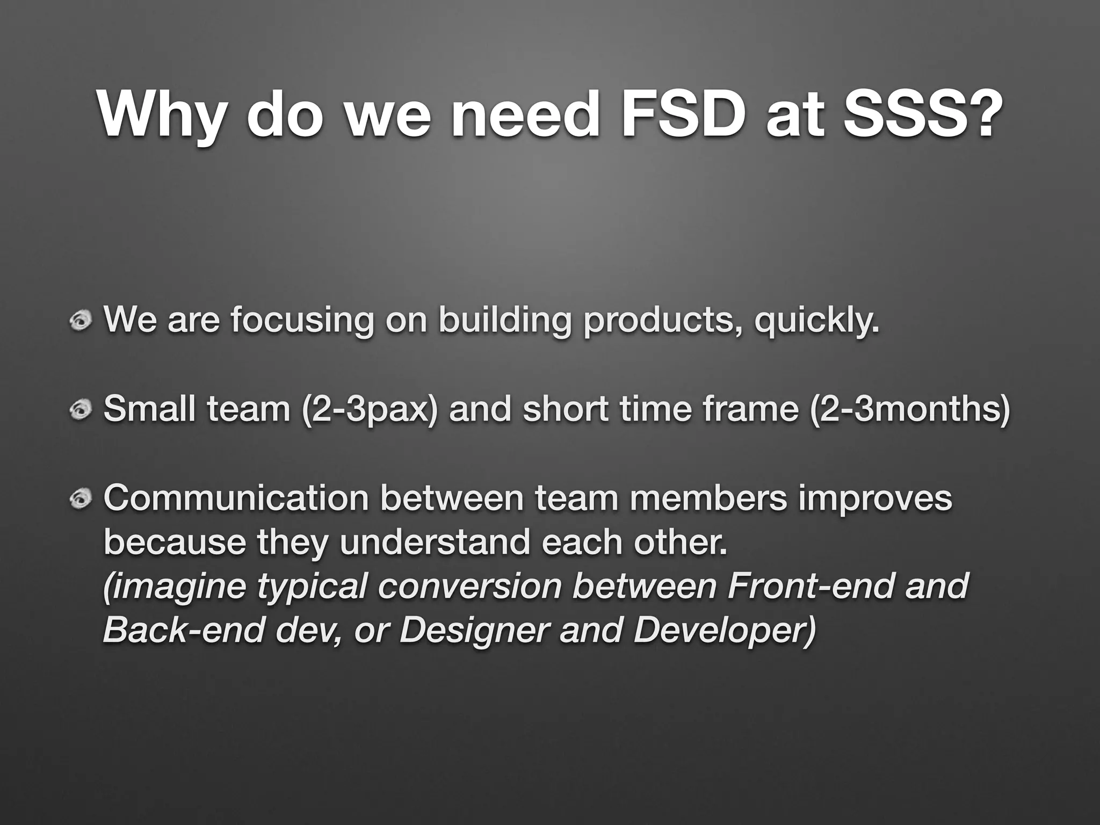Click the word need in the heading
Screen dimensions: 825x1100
point(524,114)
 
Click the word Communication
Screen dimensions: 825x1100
point(236,498)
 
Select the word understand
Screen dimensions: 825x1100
point(434,542)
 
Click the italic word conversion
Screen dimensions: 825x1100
point(470,587)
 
